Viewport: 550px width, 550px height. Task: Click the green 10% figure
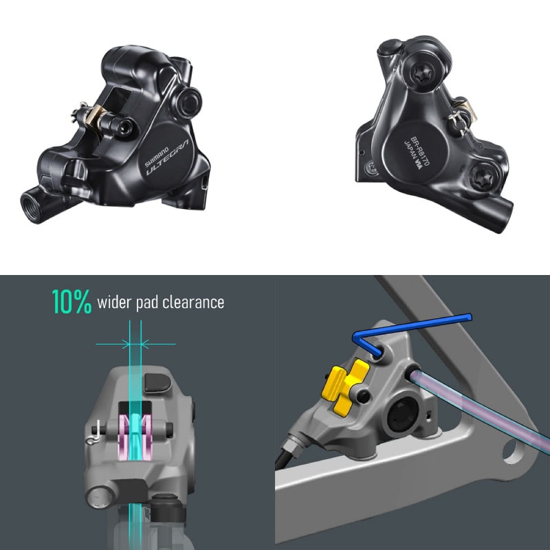[71, 302]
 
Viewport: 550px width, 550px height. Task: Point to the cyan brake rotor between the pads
[135, 440]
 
